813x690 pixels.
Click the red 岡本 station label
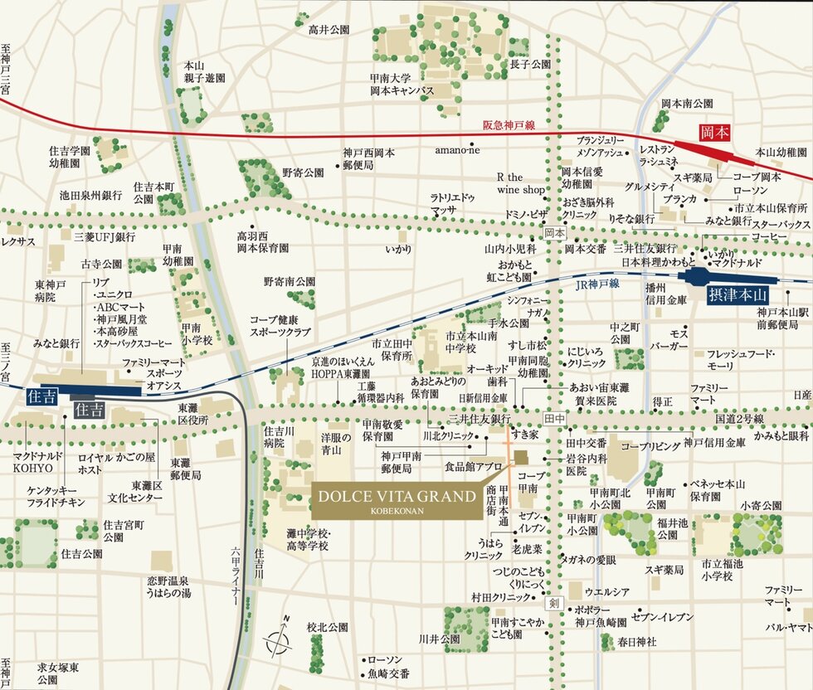click(x=715, y=132)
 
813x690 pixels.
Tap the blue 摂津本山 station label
click(x=739, y=294)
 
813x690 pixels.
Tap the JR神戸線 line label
click(x=596, y=283)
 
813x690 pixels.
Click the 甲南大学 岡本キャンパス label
click(x=402, y=84)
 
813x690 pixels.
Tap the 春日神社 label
click(x=637, y=641)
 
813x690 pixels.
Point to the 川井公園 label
click(x=439, y=639)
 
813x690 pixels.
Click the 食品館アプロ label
click(x=473, y=467)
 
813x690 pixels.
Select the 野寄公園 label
click(x=302, y=172)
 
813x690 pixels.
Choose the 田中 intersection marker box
click(x=554, y=420)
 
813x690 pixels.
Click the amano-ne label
click(x=457, y=149)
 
